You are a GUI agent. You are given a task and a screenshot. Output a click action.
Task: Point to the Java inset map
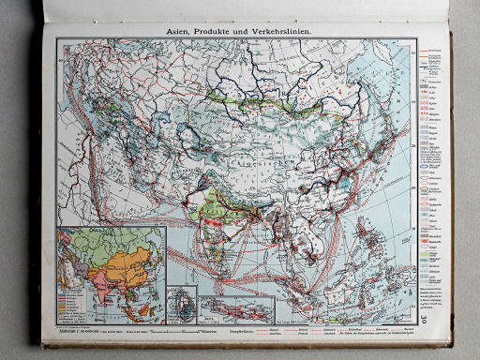[240, 307]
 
